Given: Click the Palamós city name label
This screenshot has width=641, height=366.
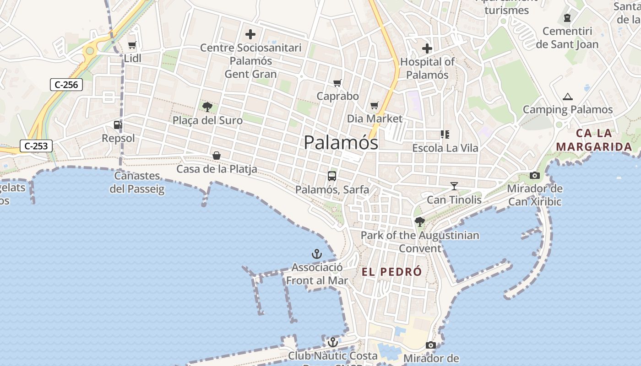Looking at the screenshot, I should pos(341,143).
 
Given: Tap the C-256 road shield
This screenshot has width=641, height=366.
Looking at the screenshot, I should pos(66,85).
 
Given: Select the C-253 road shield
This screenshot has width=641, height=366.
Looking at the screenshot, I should pos(36,146).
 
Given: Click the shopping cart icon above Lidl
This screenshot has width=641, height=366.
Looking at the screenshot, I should pos(132,45).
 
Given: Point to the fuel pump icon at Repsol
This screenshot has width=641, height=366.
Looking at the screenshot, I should pos(118,124).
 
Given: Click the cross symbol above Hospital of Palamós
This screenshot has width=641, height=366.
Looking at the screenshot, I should pos(427,48).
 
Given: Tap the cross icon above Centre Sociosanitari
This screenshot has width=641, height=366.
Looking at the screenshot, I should pos(250,34).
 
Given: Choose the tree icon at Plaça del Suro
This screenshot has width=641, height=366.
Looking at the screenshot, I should pos(207,107).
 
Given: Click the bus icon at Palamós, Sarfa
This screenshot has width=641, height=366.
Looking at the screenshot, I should pos(332,176).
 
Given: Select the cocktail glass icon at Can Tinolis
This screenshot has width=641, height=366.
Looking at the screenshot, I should pos(454,186).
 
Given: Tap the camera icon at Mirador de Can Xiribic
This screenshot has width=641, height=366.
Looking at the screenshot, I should pos(534,175).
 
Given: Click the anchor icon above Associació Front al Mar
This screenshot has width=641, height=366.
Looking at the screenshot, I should pos(317,254).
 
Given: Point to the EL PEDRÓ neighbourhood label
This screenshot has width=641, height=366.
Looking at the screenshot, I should pos(392,272).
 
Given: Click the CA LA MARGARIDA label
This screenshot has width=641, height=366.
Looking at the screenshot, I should pos(594,140).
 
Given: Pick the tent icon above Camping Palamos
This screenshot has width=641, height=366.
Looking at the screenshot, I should pos(568,97).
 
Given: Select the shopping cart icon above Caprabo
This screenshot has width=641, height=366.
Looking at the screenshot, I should pos(337,83).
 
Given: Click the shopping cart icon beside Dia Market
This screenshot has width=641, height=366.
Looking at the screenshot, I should pos(375,106).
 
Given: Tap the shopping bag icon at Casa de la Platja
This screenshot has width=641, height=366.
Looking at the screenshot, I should pos(217,156).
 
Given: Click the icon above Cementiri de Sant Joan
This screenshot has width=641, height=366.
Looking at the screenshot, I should pos(567,18).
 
